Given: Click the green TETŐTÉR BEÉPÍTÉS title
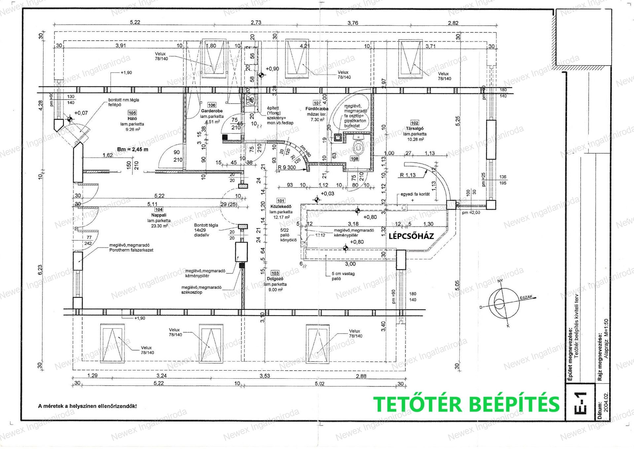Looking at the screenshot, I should [466, 404].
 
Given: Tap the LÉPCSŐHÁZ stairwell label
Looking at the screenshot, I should [411, 236].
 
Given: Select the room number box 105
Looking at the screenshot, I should [132, 113].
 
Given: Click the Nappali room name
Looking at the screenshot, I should [159, 215].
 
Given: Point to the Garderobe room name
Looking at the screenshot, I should [212, 111].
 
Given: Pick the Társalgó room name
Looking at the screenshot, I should [415, 129].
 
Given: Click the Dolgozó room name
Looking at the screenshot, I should [275, 279].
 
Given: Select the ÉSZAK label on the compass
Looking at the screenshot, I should [526, 297].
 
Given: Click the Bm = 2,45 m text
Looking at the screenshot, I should [133, 149].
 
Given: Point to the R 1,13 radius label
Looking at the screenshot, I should [408, 175].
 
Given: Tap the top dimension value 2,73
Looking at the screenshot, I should [256, 22].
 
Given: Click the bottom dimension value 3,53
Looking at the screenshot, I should [264, 376].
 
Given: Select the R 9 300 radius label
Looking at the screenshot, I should [287, 167].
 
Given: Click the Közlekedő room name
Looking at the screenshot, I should [281, 206].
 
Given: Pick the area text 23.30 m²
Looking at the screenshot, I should [159, 226].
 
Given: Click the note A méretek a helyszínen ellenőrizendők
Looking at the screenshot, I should [88, 406].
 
